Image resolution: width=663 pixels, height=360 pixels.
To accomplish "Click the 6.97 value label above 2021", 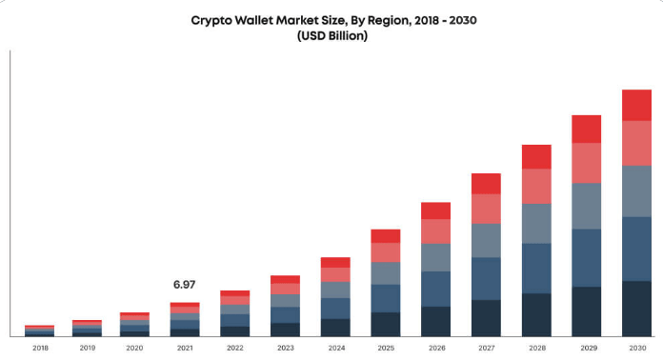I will pos(184,285).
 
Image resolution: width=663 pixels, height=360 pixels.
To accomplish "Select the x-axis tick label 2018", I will pos(39,348).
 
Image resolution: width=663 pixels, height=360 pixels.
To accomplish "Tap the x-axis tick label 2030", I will pos(636,348).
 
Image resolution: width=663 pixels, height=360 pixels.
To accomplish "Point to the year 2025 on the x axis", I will pos(386,348).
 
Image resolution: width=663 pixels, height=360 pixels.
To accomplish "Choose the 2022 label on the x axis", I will pos(235,348).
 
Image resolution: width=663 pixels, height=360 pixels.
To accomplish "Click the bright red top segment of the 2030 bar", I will pos(636,105).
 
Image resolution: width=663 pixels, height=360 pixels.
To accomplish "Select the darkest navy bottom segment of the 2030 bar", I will pos(636,309).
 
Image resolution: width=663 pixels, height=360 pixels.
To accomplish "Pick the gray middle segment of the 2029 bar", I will pos(586,206).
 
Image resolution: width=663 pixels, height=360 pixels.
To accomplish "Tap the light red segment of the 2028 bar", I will pos(536,186).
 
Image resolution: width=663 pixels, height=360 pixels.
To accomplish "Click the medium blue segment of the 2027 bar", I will pos(486,278).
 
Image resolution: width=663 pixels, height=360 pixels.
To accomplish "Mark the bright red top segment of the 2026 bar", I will pos(435,210).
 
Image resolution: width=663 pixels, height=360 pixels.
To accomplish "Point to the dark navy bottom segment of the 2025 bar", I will pos(386,324).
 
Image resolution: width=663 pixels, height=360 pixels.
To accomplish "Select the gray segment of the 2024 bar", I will pos(335,290).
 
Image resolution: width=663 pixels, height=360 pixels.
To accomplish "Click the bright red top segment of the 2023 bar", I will pos(286,279).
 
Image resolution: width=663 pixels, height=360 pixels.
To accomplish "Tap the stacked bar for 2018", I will pos(39,330).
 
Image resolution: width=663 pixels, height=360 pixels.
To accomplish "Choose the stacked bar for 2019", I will pos(87,328).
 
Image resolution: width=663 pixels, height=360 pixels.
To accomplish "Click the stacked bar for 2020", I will pos(134,324).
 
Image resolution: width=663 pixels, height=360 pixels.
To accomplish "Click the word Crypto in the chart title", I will pos(214,19).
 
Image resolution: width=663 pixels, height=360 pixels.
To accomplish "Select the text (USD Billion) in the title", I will pos(331,36).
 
